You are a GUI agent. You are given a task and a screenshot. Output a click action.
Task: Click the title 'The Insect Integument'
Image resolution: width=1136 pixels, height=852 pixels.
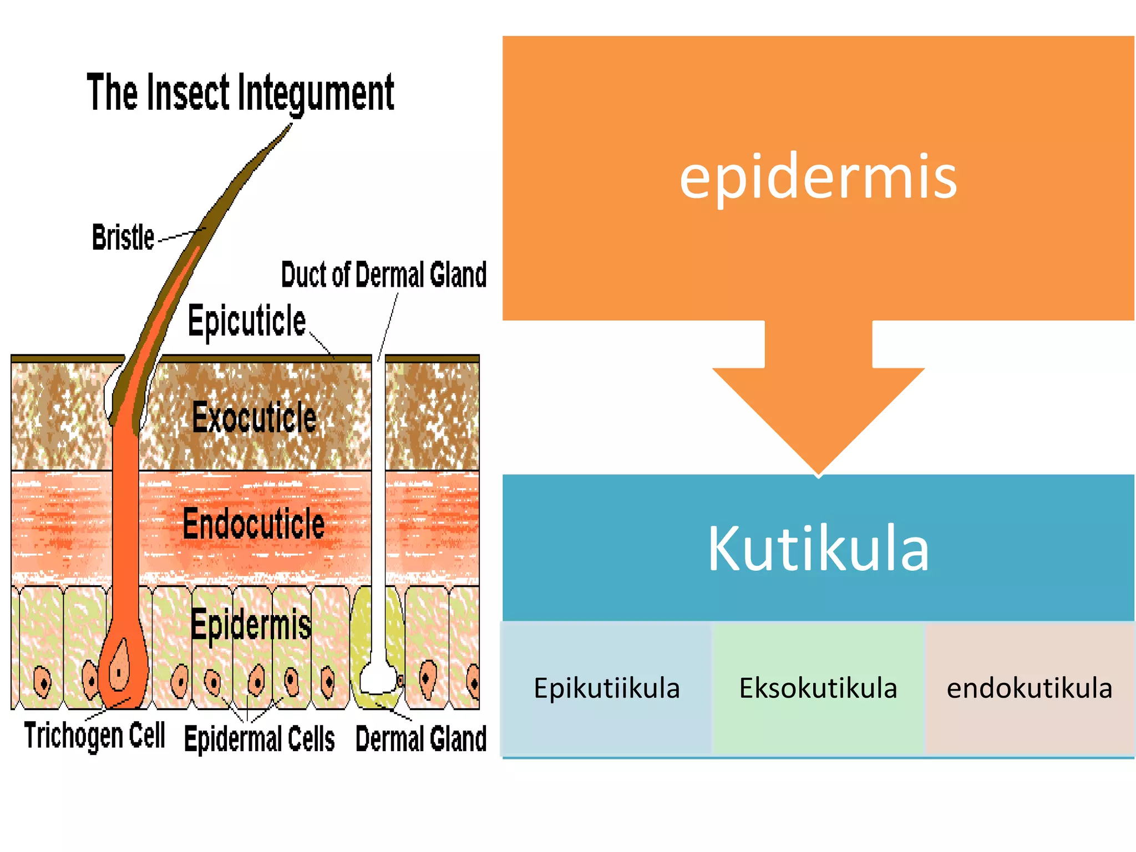click(240, 93)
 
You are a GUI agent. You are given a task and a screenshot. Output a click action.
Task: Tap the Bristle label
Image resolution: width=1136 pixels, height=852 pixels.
click(123, 237)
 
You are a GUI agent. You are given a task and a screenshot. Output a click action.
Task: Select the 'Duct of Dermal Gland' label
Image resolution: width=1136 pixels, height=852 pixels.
click(384, 275)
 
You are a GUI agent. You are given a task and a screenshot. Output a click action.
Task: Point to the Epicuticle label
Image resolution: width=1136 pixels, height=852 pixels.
click(246, 321)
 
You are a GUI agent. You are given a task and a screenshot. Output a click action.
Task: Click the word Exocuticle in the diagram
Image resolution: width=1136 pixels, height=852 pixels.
click(254, 417)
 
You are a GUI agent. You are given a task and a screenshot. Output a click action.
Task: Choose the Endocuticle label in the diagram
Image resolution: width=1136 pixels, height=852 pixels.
click(253, 524)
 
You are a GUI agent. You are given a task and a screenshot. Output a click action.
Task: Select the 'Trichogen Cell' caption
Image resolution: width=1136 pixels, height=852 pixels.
click(94, 736)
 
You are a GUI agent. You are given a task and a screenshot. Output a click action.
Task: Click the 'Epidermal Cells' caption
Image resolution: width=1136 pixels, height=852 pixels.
click(259, 739)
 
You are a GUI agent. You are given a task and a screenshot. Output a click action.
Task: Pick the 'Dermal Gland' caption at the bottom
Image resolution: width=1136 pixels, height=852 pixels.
click(420, 739)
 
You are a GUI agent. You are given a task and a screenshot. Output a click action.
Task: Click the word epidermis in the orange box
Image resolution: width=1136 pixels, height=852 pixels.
click(818, 176)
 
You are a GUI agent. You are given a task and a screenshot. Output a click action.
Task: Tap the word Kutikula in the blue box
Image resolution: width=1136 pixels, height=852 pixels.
click(818, 548)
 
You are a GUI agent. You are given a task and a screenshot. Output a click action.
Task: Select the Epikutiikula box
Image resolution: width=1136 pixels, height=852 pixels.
click(606, 688)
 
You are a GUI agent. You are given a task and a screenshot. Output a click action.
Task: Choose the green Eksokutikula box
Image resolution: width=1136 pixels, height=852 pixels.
click(818, 688)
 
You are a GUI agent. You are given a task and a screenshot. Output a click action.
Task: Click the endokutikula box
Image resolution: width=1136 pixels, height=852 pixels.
click(1029, 688)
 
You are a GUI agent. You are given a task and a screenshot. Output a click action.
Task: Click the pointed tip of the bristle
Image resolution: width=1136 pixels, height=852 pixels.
click(290, 126)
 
